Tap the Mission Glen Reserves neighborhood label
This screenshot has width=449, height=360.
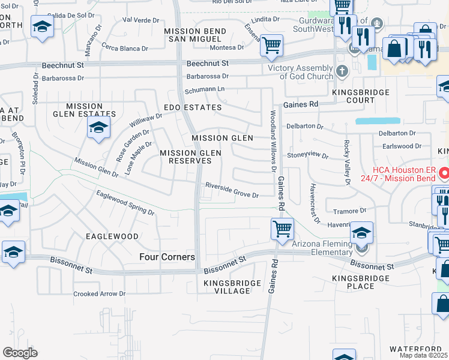[x=190, y=157]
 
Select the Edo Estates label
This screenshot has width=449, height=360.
[x=193, y=107]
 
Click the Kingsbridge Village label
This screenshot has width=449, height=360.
[x=232, y=287]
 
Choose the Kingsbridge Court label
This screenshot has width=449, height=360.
[x=361, y=97]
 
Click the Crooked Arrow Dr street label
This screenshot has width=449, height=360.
[x=99, y=294]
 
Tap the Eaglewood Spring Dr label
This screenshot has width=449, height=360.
[x=125, y=202]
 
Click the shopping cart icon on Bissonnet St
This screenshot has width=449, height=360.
[x=282, y=229]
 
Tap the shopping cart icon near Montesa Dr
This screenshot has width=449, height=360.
[x=271, y=45]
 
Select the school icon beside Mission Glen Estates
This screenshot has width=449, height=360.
[x=98, y=127]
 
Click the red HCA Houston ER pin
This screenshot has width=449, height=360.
[x=445, y=174]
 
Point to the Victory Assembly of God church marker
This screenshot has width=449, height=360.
[x=342, y=71]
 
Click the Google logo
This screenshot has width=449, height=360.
[x=20, y=353]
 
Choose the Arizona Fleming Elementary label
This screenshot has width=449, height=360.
[x=322, y=248]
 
